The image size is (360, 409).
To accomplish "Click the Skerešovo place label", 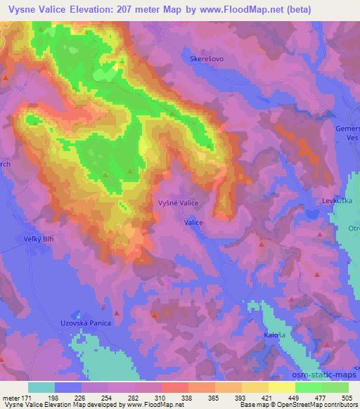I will [x=207, y=59].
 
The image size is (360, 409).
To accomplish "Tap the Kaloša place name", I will [x=273, y=335].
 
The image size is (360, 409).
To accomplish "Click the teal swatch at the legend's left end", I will [x=41, y=387].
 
